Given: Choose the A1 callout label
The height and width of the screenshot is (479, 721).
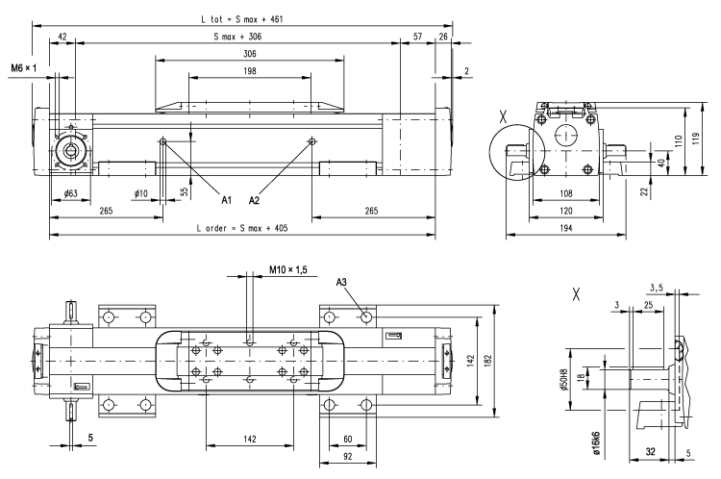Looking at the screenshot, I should (x=228, y=200).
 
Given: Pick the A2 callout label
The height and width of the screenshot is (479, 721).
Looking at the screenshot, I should (x=255, y=200).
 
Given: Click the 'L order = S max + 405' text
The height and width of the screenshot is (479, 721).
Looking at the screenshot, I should (x=241, y=229).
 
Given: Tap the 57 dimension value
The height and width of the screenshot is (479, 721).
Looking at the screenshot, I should (x=416, y=36).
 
